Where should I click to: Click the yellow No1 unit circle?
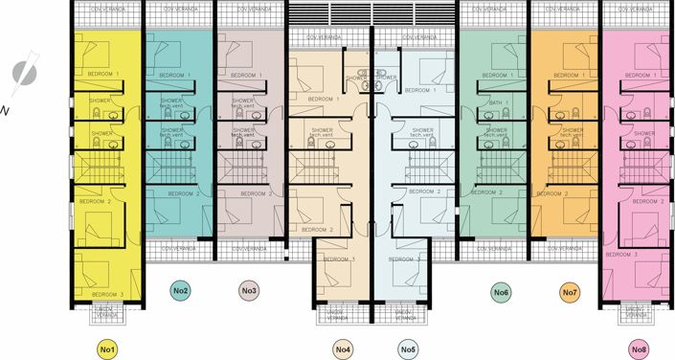click(108, 349)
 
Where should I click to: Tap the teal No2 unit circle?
click(181, 290)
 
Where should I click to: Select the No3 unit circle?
click(249, 290)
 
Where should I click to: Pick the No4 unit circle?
click(344, 349)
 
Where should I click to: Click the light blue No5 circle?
click(409, 349)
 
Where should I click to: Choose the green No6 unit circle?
click(501, 290)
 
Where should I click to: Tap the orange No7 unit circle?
click(570, 290)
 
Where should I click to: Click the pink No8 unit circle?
click(640, 349)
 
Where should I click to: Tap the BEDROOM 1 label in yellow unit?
click(105, 74)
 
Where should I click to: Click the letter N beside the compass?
click(7, 108)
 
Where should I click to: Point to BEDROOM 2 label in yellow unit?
click(95, 201)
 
